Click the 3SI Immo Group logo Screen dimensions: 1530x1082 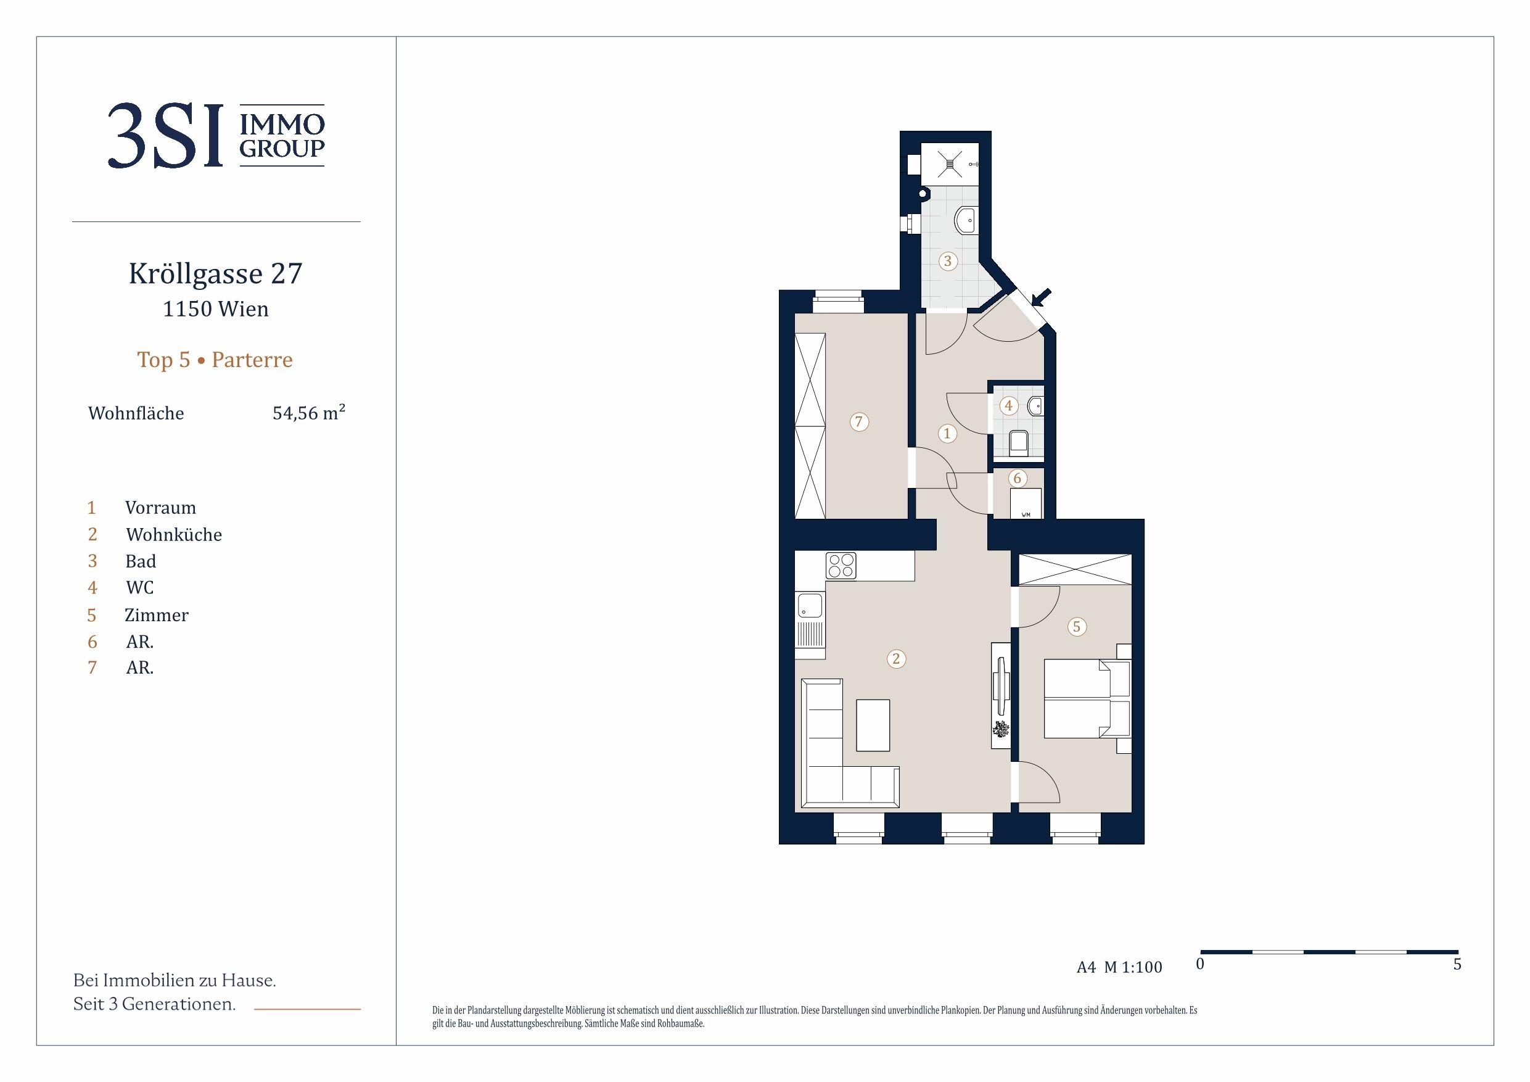click(x=216, y=135)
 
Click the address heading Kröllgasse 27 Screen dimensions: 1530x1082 click(x=215, y=273)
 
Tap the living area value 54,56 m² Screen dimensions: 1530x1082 click(x=308, y=413)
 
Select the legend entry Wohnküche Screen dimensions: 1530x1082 click(x=174, y=535)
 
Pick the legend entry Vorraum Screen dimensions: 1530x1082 click(x=160, y=508)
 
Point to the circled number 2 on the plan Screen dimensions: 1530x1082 click(x=896, y=659)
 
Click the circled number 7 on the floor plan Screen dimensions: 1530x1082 click(x=859, y=422)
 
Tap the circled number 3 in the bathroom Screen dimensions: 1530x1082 click(x=948, y=262)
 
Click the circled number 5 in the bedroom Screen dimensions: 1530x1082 click(x=1077, y=627)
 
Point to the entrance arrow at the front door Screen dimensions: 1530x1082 click(x=1041, y=297)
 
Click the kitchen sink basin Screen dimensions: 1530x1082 click(x=810, y=606)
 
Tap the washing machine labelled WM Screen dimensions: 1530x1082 click(x=1026, y=503)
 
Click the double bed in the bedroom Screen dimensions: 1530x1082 click(x=1087, y=700)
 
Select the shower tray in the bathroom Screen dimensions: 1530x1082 click(x=950, y=163)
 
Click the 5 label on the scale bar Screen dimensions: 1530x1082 click(x=1457, y=965)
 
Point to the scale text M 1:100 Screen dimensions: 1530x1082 click(x=1133, y=967)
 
